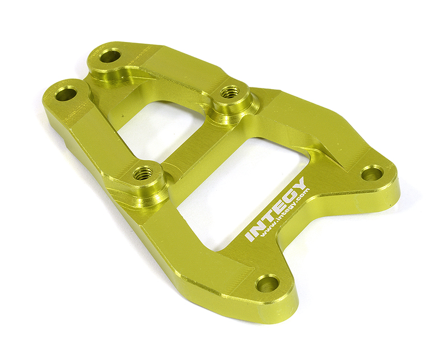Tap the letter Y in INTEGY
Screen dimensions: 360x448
coord(300,185)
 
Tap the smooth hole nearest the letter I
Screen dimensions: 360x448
coord(267,283)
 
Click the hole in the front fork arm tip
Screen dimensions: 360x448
coord(66,93)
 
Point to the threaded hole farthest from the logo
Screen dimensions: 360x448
coord(228,92)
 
